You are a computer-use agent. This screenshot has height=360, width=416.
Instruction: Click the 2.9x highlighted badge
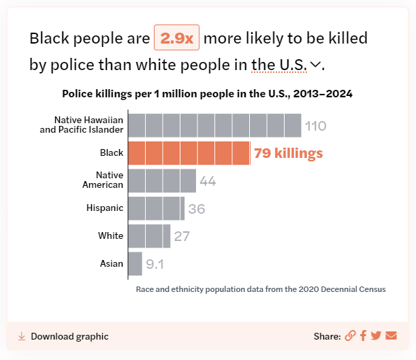(x=176, y=37)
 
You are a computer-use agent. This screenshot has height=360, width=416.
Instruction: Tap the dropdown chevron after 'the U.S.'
(x=315, y=64)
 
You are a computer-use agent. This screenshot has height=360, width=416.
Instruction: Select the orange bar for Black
(x=189, y=153)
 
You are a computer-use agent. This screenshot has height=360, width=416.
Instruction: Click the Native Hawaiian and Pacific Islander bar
(x=214, y=125)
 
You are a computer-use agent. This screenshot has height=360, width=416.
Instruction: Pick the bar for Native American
(x=162, y=181)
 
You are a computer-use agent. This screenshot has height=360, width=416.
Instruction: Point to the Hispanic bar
(x=157, y=208)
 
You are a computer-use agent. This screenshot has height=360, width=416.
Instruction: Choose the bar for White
(x=149, y=236)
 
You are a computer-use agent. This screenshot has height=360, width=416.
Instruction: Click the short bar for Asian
(x=135, y=264)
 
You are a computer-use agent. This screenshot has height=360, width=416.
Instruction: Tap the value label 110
(x=315, y=126)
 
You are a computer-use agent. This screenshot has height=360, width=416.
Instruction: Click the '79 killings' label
(x=289, y=153)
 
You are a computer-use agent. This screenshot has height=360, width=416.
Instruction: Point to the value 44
(x=208, y=181)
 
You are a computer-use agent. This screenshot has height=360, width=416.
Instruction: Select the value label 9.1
(x=155, y=264)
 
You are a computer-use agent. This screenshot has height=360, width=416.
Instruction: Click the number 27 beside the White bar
(x=182, y=236)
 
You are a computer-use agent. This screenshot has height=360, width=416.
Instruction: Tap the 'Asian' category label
(x=112, y=263)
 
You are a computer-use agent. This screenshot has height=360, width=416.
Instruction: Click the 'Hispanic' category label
(x=105, y=208)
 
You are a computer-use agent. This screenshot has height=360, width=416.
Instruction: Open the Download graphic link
(x=63, y=336)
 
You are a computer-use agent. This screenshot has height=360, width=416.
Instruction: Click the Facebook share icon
(x=363, y=336)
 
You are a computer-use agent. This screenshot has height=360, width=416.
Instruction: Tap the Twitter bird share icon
(x=377, y=336)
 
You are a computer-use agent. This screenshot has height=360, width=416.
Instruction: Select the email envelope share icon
(x=391, y=336)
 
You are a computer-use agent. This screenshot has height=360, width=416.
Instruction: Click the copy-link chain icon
(x=350, y=336)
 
